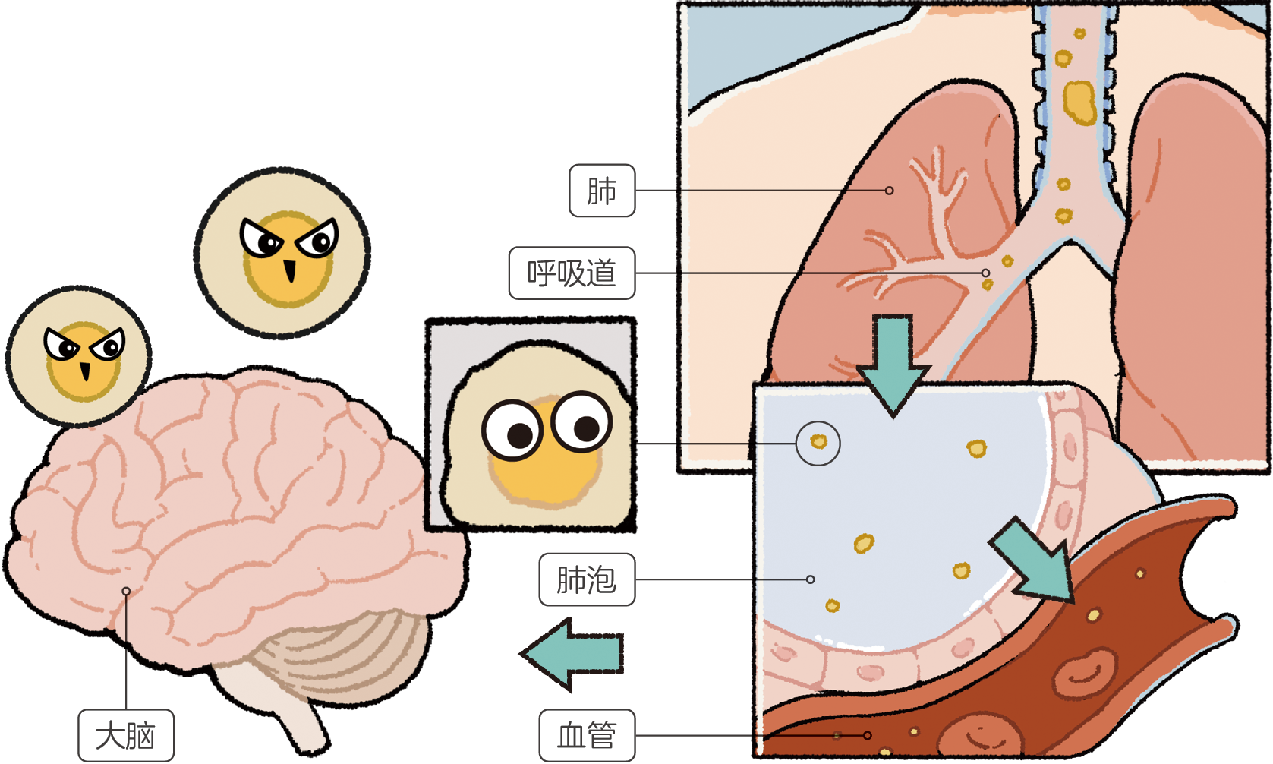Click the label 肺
coord(602,191)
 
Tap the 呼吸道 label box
coord(572,273)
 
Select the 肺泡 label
coord(587,579)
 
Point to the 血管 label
coord(587,735)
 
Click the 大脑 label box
coord(125,735)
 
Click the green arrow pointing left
coord(571,655)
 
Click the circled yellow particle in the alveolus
coord(818,441)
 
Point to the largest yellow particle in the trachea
coord(1079,103)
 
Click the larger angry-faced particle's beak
coord(290,270)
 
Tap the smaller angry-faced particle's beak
coord(85,371)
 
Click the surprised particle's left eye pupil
coord(519,436)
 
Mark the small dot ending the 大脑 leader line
coord(126,591)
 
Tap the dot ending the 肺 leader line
coord(890,191)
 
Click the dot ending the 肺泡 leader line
coord(811,579)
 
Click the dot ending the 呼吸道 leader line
coord(985,273)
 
